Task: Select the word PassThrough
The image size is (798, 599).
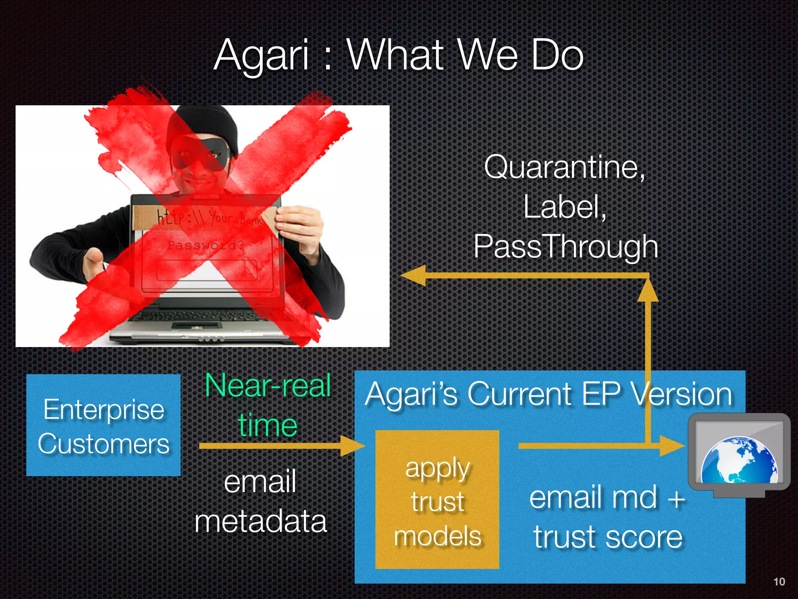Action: click(x=566, y=246)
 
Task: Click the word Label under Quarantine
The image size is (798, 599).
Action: click(x=564, y=207)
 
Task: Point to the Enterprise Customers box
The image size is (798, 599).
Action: click(x=103, y=425)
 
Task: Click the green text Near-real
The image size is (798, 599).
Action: click(x=268, y=385)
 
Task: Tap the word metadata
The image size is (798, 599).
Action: click(x=260, y=521)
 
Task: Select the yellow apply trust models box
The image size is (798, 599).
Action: click(x=437, y=499)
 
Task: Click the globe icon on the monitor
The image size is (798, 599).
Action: click(x=739, y=460)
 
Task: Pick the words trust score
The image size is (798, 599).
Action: click(x=608, y=537)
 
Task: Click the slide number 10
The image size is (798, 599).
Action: click(x=779, y=582)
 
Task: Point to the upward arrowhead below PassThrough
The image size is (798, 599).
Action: click(x=648, y=291)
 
